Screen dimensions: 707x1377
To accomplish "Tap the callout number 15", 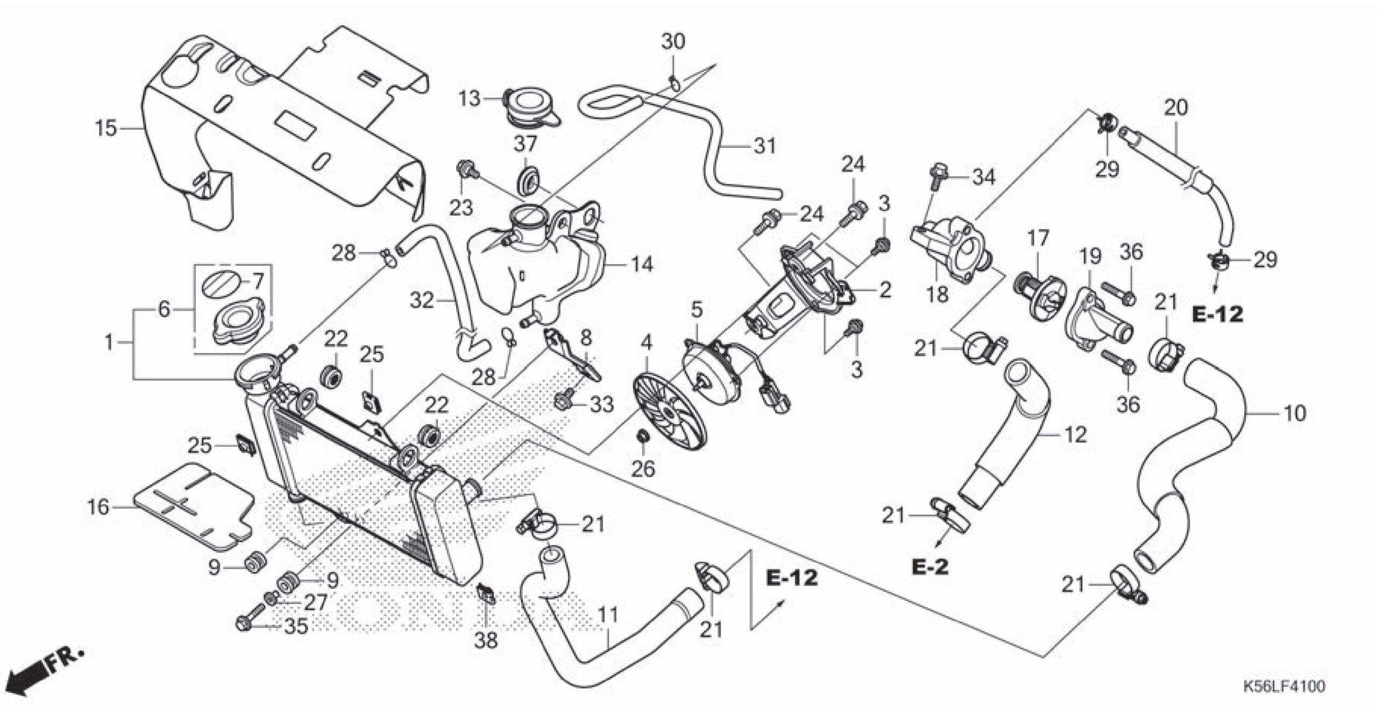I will coord(105,128).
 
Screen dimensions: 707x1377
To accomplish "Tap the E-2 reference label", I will coord(930,567).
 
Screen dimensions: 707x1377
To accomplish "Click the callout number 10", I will coord(1294,413).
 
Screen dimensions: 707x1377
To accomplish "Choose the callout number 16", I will coord(98,506).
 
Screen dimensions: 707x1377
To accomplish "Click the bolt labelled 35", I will coord(251,617).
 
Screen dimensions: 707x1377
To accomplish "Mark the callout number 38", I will coord(486,640).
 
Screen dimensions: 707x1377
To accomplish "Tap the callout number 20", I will coord(1176,108).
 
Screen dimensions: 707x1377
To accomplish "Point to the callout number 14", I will coord(642,265).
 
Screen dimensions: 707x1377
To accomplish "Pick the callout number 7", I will coord(258,281).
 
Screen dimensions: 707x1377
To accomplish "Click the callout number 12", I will coord(1075,434).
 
